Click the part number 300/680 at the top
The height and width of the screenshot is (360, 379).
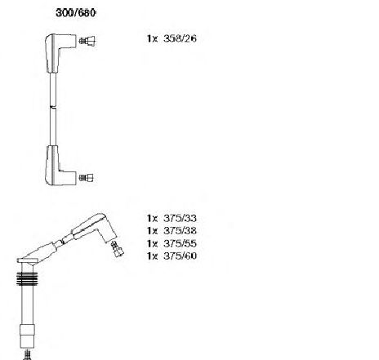pyautogui.click(x=75, y=13)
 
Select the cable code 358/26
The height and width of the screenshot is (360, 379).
pyautogui.click(x=180, y=38)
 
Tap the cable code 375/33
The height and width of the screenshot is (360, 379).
pyautogui.click(x=180, y=218)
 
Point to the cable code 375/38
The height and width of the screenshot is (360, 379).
pyautogui.click(x=180, y=230)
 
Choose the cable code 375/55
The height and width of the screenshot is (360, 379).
pyautogui.click(x=180, y=243)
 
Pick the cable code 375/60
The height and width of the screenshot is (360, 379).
pyautogui.click(x=180, y=256)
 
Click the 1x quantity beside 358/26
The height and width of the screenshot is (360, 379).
pyautogui.click(x=152, y=38)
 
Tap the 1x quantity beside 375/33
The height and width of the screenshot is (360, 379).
pyautogui.click(x=152, y=218)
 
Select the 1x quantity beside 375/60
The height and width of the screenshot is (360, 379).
pyautogui.click(x=152, y=256)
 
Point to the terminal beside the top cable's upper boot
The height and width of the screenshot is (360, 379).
pyautogui.click(x=87, y=41)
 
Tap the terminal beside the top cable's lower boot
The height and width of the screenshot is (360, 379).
pyautogui.click(x=87, y=178)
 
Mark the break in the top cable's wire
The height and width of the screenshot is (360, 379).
pyautogui.click(x=53, y=108)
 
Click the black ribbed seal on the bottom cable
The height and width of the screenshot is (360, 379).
pyautogui.click(x=27, y=279)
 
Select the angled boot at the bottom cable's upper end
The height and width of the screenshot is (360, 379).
pyautogui.click(x=96, y=228)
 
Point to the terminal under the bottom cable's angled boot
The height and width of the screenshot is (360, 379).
pyautogui.click(x=117, y=249)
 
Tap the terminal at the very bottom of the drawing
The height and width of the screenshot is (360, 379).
pyautogui.click(x=27, y=354)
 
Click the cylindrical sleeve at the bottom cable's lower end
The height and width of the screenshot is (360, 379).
pyautogui.click(x=27, y=336)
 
